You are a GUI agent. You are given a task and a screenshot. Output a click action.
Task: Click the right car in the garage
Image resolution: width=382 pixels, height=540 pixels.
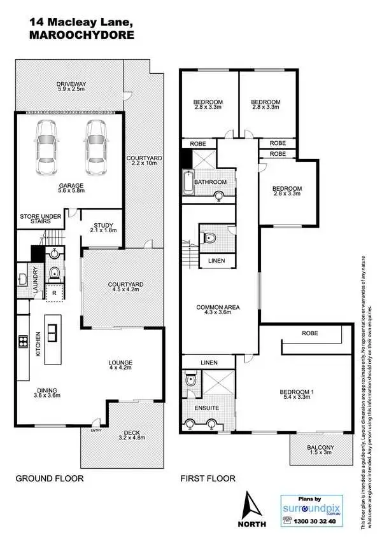95,142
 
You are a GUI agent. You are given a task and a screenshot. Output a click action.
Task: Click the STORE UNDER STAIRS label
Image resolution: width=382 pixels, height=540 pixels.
40,220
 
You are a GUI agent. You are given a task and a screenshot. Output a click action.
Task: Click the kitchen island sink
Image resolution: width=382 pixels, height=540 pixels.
52,331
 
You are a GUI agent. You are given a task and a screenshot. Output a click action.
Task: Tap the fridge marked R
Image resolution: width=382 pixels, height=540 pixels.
55,293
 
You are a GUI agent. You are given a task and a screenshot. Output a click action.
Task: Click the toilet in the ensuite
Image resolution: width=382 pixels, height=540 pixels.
190,380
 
